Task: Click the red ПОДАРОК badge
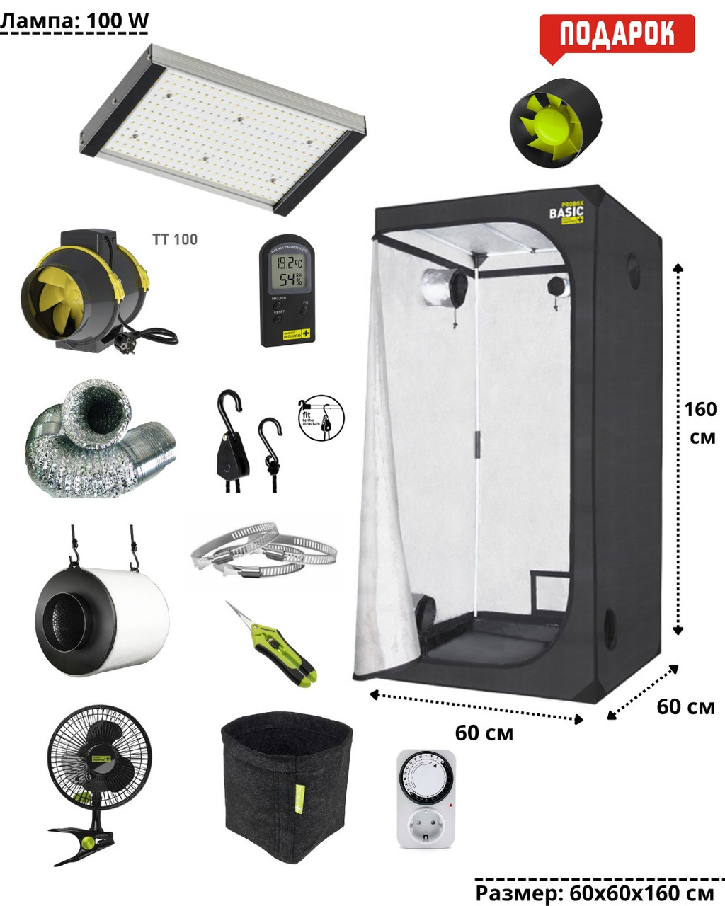coord(617,34)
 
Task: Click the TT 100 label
coord(175,239)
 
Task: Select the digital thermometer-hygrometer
coord(287,289)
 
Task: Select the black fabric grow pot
coord(287,786)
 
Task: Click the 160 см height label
coord(700,423)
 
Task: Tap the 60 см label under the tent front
coord(484,733)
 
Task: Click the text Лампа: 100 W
coord(74,21)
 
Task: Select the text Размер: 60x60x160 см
coord(594,893)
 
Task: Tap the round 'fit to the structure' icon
coord(322,418)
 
